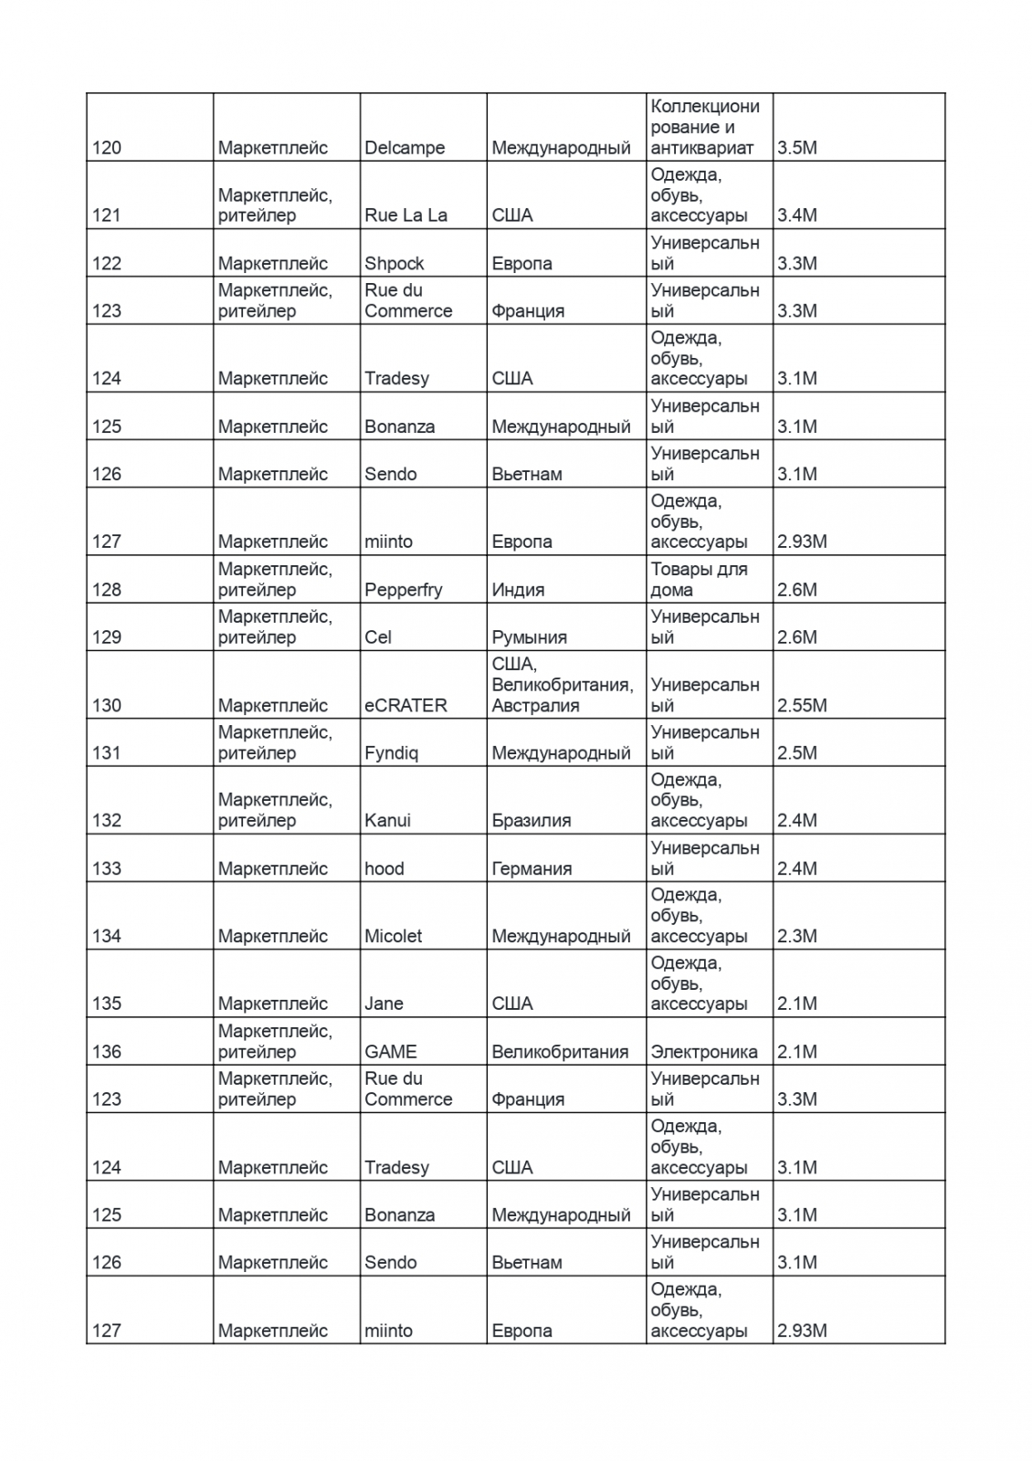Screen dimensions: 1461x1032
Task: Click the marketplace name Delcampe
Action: tap(405, 148)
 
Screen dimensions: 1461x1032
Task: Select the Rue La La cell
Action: tap(405, 215)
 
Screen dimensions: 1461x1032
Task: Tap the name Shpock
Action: tap(395, 264)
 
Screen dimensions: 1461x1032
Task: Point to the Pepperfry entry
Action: tap(403, 590)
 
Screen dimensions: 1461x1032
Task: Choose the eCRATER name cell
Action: tap(405, 706)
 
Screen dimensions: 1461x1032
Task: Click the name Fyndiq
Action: tap(391, 753)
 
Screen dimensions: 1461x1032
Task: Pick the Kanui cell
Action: tap(387, 821)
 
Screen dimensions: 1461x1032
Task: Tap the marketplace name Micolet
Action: tap(393, 936)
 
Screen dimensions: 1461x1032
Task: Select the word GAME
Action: tap(390, 1052)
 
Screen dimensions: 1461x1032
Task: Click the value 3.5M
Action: tap(796, 148)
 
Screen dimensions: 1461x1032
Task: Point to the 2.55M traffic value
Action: tap(802, 706)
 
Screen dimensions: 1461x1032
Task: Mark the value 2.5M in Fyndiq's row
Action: tap(796, 753)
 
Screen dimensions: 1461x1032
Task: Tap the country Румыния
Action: tap(529, 637)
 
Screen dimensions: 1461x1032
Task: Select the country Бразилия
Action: tap(531, 821)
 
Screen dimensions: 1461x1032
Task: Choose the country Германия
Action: tap(532, 868)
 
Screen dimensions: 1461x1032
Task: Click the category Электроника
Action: tap(703, 1052)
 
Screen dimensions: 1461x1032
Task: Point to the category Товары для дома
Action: tap(699, 580)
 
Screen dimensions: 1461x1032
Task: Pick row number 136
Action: tap(106, 1052)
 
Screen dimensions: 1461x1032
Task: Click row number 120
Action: tap(106, 148)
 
